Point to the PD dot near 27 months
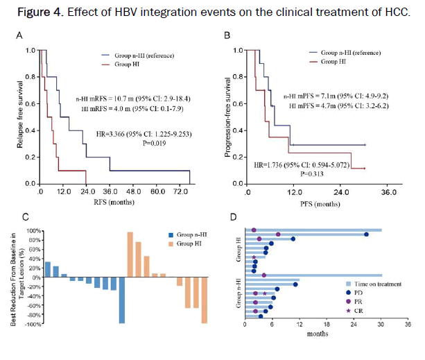click(x=366, y=234)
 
